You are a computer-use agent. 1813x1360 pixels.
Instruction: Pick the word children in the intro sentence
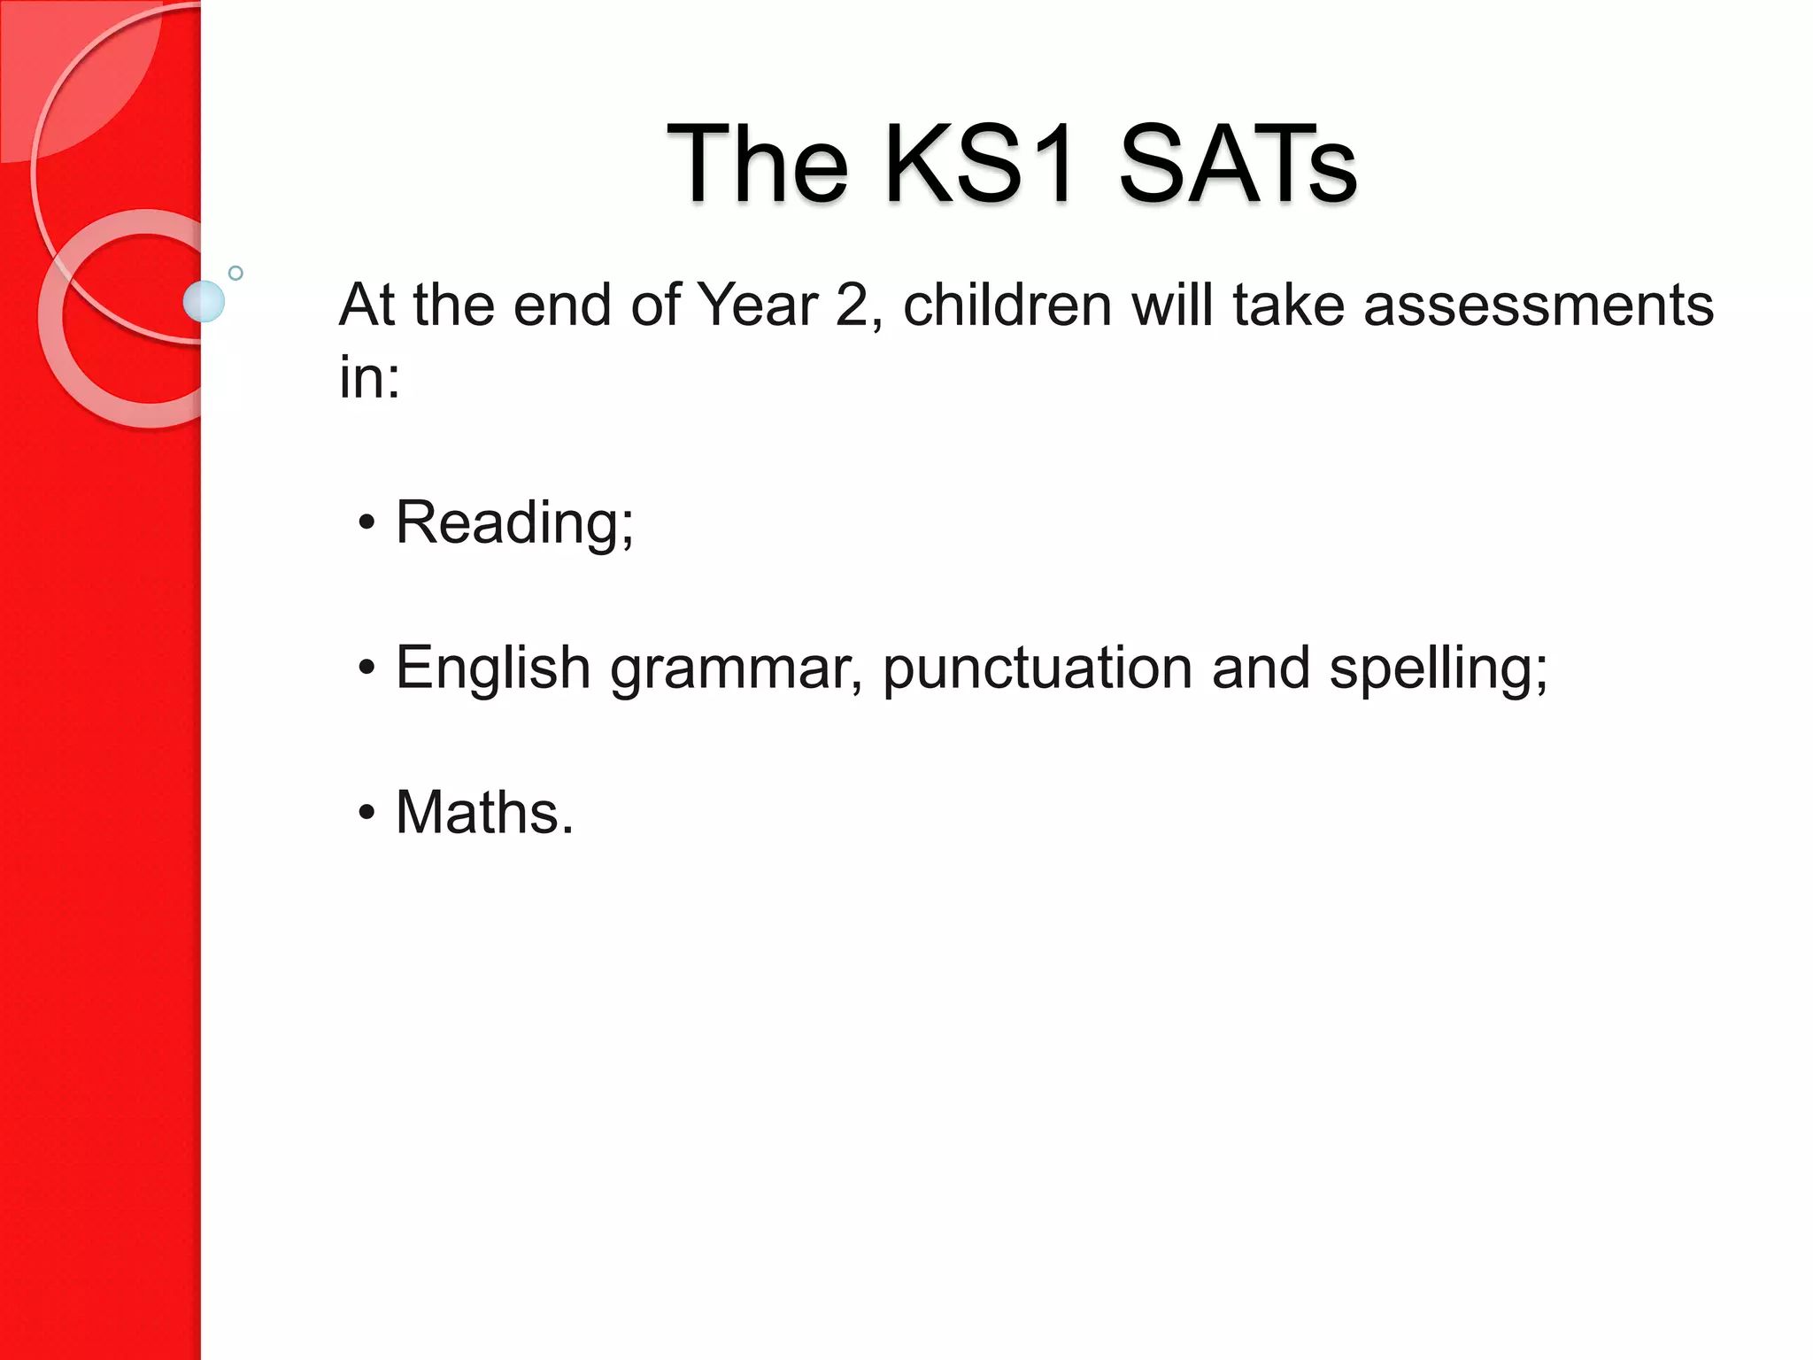point(1007,305)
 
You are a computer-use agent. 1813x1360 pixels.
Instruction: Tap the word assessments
point(1539,305)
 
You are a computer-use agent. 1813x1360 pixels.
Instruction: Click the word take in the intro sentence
point(1288,305)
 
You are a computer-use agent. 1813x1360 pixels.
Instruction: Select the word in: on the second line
point(369,377)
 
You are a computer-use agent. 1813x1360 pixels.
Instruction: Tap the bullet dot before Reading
point(366,522)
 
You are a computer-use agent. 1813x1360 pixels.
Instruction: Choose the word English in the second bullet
point(492,668)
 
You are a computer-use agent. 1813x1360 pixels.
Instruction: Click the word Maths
point(483,812)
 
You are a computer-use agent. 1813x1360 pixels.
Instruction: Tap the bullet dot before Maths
point(366,812)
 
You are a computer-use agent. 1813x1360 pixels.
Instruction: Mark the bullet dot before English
point(366,668)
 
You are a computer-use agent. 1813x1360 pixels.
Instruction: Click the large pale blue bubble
point(204,301)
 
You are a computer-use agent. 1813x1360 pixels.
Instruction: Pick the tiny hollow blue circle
point(235,273)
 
